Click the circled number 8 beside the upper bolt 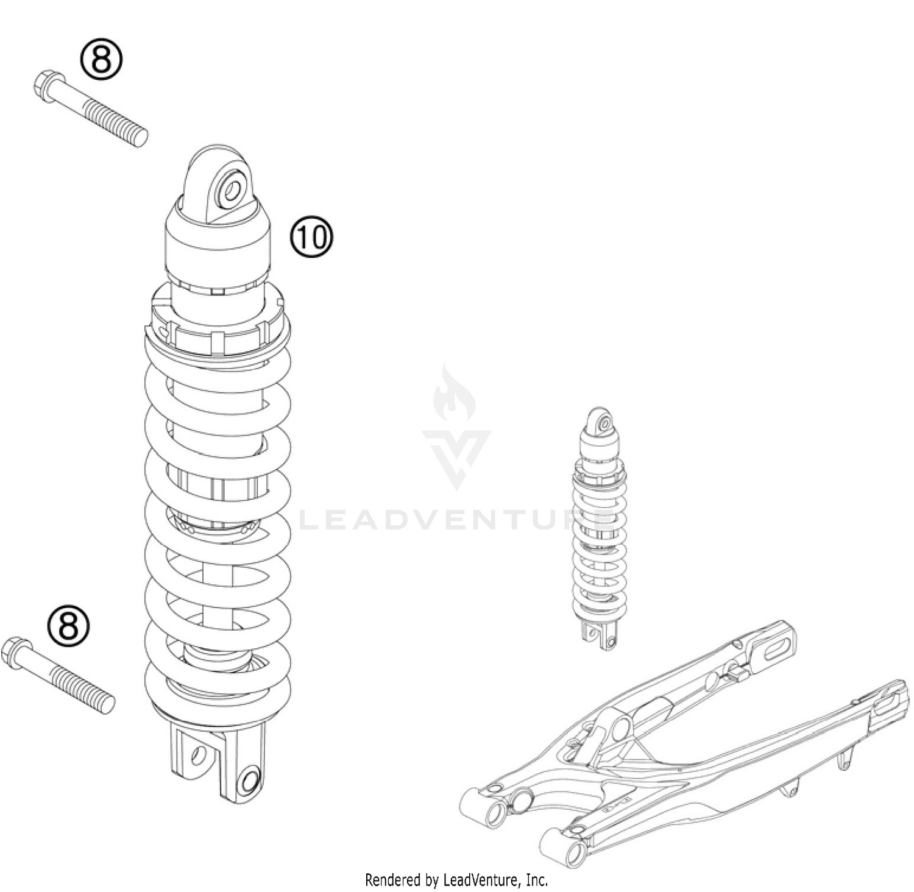tap(101, 60)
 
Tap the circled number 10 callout tap(311, 237)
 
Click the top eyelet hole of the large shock tap(232, 190)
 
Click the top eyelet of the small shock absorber tap(603, 422)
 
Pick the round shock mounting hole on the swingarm tap(621, 727)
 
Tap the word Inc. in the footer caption tap(536, 880)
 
